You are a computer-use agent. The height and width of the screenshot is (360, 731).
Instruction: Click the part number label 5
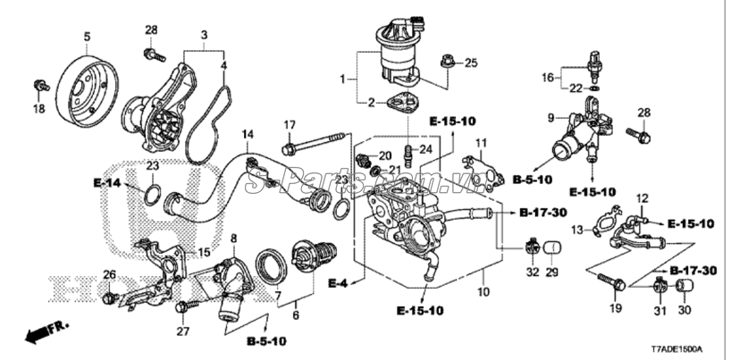[88, 37]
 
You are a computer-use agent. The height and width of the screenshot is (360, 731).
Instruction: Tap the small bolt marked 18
[38, 86]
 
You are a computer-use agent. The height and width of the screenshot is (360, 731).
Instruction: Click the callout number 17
[290, 124]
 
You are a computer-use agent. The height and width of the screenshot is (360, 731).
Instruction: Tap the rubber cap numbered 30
[686, 286]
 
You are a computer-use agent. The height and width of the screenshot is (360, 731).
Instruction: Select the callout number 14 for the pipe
[248, 135]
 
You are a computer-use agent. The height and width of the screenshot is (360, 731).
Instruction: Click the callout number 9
[550, 117]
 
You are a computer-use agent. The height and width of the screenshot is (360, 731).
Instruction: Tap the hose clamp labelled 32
[531, 243]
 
